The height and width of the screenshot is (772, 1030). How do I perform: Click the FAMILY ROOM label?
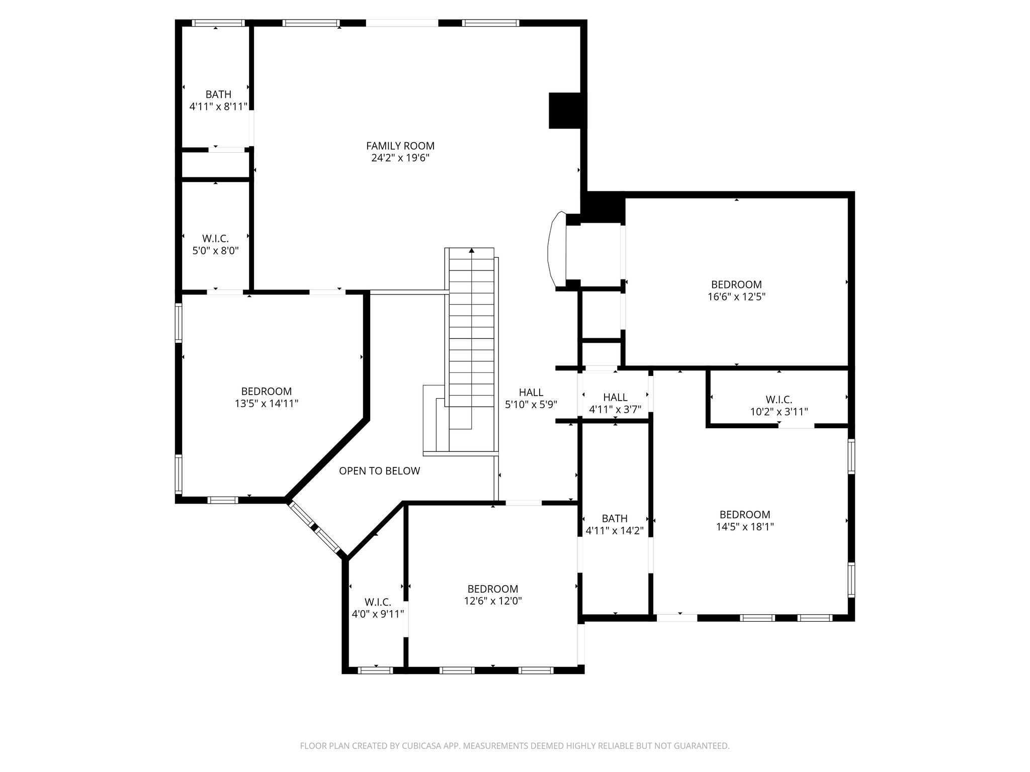(x=400, y=146)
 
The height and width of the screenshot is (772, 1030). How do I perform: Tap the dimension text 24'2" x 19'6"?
(x=400, y=158)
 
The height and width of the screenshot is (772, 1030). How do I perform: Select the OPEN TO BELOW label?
(x=380, y=471)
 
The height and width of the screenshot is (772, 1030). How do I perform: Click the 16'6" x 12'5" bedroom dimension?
(x=736, y=297)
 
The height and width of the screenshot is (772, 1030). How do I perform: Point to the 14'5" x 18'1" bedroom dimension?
(x=745, y=527)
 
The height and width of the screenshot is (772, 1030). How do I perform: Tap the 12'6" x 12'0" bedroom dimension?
(x=493, y=601)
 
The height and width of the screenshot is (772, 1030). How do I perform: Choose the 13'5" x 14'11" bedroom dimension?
(x=267, y=403)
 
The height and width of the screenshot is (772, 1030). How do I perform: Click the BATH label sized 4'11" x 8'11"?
(x=218, y=94)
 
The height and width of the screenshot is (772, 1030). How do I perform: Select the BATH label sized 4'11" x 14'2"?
(x=615, y=518)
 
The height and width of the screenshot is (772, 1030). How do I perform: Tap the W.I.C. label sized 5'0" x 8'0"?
(x=216, y=239)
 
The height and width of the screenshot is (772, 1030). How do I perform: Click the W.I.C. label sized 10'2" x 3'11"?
(x=779, y=400)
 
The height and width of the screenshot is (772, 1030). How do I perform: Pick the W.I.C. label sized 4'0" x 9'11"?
(x=378, y=602)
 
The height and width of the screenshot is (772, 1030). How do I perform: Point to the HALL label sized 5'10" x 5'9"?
(x=531, y=393)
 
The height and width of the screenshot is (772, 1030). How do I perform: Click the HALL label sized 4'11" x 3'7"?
(x=615, y=398)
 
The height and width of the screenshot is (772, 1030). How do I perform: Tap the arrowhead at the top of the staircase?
(x=472, y=250)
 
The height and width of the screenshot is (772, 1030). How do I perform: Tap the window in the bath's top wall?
(x=218, y=23)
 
